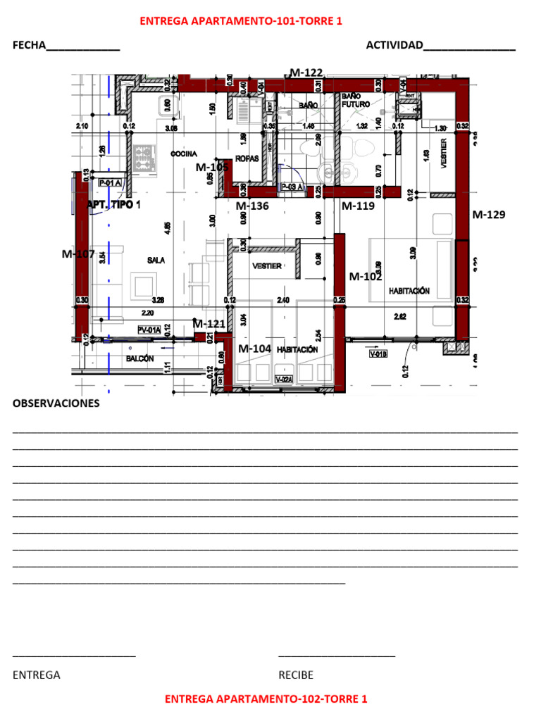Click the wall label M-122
306,73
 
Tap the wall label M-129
488,214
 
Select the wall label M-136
251,206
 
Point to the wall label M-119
358,206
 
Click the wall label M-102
366,277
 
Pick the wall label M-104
254,349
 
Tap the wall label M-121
209,324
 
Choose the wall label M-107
78,254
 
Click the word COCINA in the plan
184,154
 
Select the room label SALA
156,261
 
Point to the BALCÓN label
139,359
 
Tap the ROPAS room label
247,158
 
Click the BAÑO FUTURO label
356,100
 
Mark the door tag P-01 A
111,183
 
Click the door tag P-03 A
292,187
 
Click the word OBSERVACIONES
56,403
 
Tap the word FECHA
29,46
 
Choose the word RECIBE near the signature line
296,675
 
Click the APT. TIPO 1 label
113,205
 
